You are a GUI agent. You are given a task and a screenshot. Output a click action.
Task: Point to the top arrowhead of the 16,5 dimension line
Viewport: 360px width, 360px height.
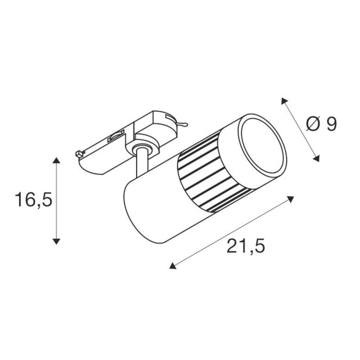point(56,160)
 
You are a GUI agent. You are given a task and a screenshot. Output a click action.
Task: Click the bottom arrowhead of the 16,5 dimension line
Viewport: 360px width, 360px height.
point(56,241)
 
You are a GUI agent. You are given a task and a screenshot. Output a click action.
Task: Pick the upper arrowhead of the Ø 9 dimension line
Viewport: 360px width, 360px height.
point(284,101)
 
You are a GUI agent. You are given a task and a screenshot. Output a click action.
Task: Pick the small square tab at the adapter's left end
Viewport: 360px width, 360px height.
point(79,153)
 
